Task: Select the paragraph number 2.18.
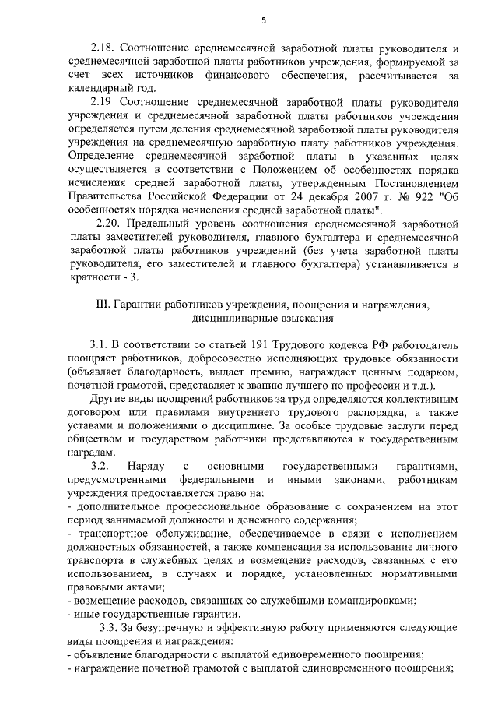[x=103, y=48]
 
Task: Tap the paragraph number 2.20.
[x=108, y=224]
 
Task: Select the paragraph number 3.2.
[x=100, y=466]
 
